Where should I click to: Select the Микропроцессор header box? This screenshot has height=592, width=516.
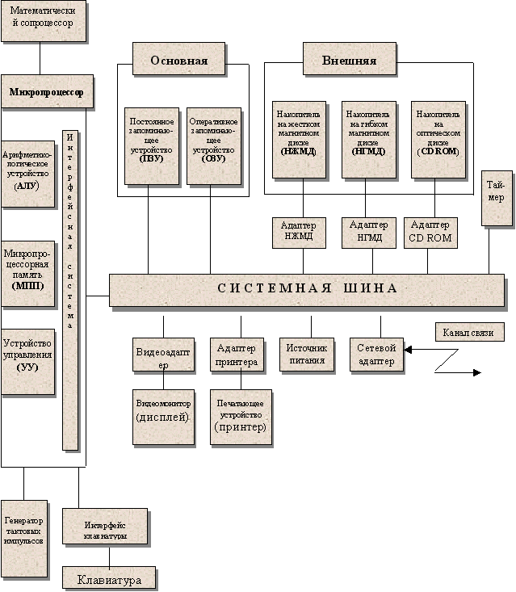tap(47, 91)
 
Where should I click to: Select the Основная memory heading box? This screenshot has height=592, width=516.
tap(178, 61)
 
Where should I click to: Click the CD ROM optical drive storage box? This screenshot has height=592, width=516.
tap(438, 139)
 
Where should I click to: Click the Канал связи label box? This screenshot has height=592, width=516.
tap(468, 332)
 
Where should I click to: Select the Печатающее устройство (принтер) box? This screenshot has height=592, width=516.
tap(240, 416)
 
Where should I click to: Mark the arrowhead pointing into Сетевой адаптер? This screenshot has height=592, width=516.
tap(409, 350)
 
